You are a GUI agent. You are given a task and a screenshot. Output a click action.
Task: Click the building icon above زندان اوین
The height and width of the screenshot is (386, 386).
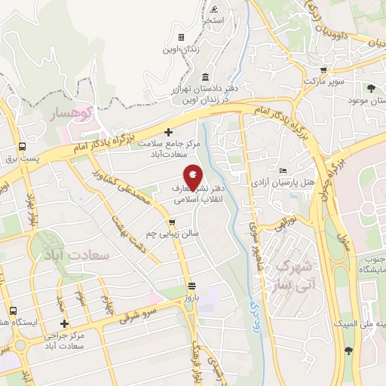click(x=181, y=37)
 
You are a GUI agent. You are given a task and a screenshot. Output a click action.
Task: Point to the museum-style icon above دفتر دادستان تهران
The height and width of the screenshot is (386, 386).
click(x=206, y=77)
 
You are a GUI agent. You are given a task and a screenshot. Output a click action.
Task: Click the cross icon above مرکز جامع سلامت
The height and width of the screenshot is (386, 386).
click(x=168, y=133)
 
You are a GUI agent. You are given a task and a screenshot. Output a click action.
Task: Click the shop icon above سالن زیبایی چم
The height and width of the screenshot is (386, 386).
click(x=173, y=222)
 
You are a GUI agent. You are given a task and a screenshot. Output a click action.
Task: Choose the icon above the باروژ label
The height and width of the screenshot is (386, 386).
click(x=192, y=286)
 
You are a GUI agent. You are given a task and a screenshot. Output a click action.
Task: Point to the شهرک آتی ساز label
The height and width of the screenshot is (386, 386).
click(x=294, y=275)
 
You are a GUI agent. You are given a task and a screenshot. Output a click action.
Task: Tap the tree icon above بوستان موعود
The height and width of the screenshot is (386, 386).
click(x=372, y=87)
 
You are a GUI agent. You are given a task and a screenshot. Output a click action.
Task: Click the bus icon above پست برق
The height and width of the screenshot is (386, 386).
click(x=23, y=146)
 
